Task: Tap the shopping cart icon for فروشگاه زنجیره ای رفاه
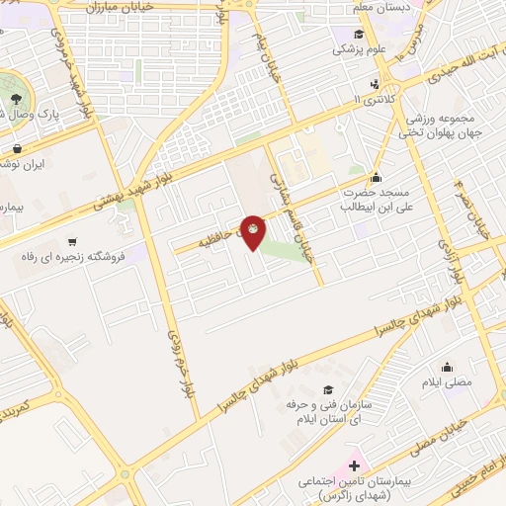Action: point(72,241)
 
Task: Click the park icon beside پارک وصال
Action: point(17,98)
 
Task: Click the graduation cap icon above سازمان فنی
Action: point(327,389)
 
